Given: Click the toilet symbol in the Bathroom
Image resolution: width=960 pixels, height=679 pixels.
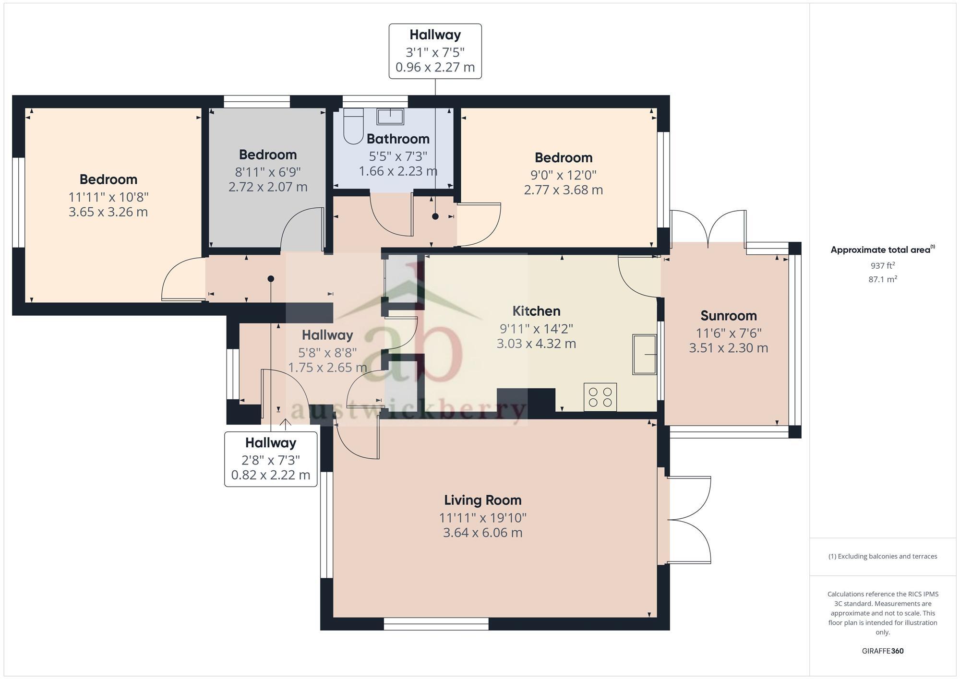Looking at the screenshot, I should tap(354, 127).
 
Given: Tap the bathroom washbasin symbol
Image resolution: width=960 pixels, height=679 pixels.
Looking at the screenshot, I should tap(390, 116).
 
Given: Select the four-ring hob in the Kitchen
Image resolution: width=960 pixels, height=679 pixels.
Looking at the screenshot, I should tap(600, 397).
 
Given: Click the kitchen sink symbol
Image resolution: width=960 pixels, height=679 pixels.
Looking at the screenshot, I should tap(644, 355).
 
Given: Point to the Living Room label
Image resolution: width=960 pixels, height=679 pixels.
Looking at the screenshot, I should tap(482, 500).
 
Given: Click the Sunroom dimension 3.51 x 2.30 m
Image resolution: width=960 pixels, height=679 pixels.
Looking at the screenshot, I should tap(728, 348).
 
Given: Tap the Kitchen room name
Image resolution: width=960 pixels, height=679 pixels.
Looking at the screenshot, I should tap(536, 311).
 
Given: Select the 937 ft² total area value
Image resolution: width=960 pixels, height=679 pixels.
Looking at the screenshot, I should tap(882, 265).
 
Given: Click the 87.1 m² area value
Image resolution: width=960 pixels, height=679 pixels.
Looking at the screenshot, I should tap(882, 279).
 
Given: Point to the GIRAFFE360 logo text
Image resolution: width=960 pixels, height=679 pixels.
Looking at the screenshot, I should tap(882, 651).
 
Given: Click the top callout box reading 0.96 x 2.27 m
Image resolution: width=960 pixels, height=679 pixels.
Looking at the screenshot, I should tap(435, 67).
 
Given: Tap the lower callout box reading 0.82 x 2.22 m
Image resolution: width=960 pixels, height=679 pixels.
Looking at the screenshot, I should tap(271, 475).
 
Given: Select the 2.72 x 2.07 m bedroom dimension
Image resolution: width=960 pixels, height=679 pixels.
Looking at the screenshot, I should tap(268, 187).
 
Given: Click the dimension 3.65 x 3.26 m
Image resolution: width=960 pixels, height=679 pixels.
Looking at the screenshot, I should tap(108, 212).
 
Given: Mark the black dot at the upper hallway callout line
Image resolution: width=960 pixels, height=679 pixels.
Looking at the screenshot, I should tap(435, 216).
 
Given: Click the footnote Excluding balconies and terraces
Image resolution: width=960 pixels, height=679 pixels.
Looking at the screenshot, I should tap(882, 557).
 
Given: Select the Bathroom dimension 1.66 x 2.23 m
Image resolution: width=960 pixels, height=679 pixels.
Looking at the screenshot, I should tap(398, 171).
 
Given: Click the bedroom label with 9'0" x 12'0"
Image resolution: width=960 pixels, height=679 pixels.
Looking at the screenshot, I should tap(563, 157).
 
